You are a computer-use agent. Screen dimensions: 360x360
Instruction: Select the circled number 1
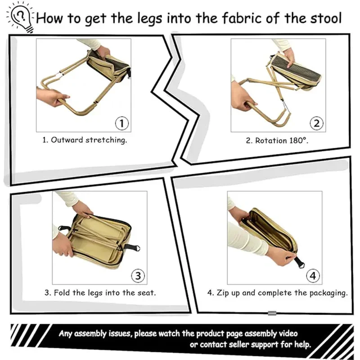click(122, 123)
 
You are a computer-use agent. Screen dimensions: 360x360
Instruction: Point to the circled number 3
click(138, 275)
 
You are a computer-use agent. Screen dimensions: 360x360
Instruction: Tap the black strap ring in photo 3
click(134, 248)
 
